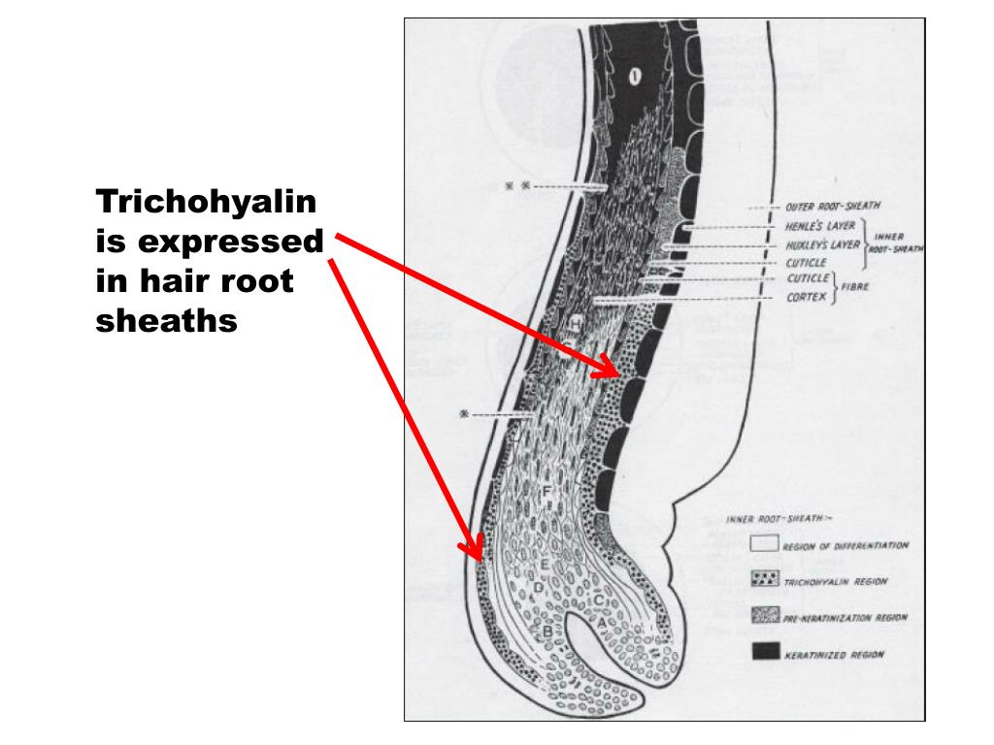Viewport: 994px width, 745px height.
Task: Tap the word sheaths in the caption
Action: tap(167, 320)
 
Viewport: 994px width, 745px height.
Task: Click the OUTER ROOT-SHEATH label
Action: tap(821, 207)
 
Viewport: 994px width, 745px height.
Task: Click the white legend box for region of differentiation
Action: tap(765, 544)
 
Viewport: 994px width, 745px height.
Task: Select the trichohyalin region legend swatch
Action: tap(765, 578)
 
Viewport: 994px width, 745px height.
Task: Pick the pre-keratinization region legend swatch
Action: tap(765, 615)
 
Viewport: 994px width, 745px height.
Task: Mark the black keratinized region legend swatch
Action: tap(765, 652)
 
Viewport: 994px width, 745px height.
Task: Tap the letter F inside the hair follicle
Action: tap(547, 492)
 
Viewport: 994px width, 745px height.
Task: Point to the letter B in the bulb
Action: tap(547, 632)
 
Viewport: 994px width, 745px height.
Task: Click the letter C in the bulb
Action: tap(599, 599)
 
